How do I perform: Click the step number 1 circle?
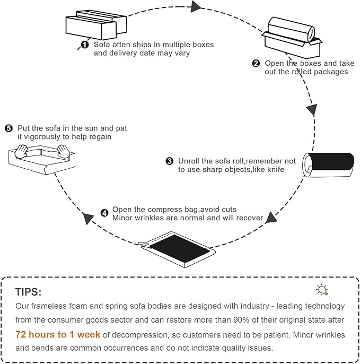coord(84,45)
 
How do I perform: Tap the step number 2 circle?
coord(256,63)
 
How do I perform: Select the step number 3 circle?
coord(170,161)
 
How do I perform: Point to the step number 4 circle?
coord(104,213)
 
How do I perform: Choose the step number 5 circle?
coord(8,128)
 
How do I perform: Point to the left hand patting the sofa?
coord(22,153)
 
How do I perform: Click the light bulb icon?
coord(322,289)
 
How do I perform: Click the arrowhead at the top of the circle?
coord(196,6)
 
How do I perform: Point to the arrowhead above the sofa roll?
coord(312,110)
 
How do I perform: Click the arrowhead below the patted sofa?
coord(86,218)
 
